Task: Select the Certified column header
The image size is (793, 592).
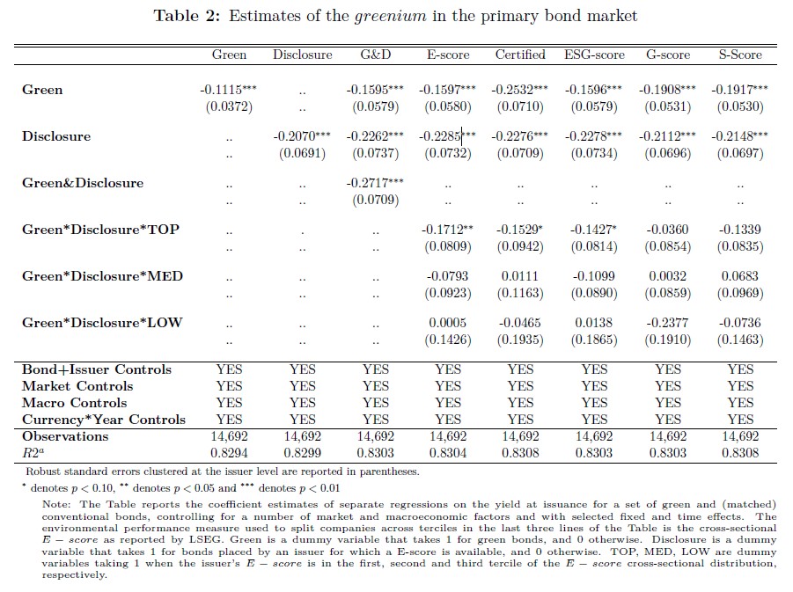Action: [520, 55]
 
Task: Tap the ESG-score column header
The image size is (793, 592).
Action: [594, 55]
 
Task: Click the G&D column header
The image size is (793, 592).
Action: [376, 55]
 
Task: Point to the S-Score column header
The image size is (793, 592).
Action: [740, 55]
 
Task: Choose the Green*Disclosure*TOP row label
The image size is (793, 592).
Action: [100, 230]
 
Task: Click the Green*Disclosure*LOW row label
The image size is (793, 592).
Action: [102, 322]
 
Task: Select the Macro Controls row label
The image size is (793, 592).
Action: [74, 403]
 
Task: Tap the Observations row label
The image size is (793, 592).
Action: [65, 436]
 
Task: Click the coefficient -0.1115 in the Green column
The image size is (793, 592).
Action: [225, 90]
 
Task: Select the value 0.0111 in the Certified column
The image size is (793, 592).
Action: [520, 276]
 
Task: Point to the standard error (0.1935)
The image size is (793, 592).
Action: [520, 340]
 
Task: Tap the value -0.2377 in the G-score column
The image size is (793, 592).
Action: [667, 323]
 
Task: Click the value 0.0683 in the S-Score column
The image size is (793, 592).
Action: [740, 276]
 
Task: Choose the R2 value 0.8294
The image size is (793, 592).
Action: [229, 453]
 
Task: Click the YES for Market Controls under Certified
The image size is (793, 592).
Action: [520, 386]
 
